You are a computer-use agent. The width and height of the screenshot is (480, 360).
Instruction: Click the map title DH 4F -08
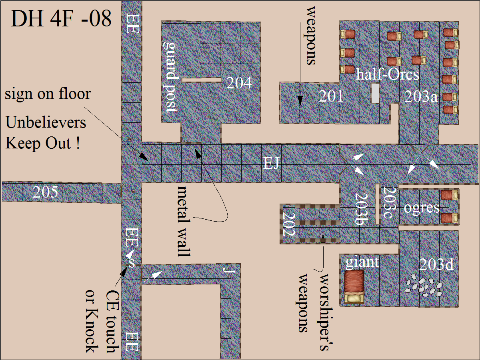61,19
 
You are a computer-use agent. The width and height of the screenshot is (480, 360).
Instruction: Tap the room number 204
239,83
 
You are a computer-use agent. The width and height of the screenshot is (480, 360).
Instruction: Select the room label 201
331,96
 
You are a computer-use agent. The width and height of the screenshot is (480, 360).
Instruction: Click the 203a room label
421,96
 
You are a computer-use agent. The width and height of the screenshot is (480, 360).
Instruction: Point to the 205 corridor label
46,192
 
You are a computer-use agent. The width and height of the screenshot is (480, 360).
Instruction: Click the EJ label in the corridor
271,163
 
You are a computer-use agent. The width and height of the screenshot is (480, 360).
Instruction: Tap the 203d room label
436,264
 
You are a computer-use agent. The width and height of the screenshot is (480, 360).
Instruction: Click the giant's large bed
354,286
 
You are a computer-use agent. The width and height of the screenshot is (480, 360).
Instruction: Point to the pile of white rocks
423,287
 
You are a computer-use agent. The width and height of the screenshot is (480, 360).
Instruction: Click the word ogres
421,208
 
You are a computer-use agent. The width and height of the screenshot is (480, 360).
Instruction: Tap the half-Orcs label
388,74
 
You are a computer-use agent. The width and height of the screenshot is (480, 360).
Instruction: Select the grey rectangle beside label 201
375,93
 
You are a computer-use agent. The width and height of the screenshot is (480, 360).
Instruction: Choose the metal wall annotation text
183,221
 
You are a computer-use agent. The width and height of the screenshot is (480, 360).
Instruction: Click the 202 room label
289,224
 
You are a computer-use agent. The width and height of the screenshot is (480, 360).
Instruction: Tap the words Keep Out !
43,143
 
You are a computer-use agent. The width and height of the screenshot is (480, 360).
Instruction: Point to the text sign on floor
48,94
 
